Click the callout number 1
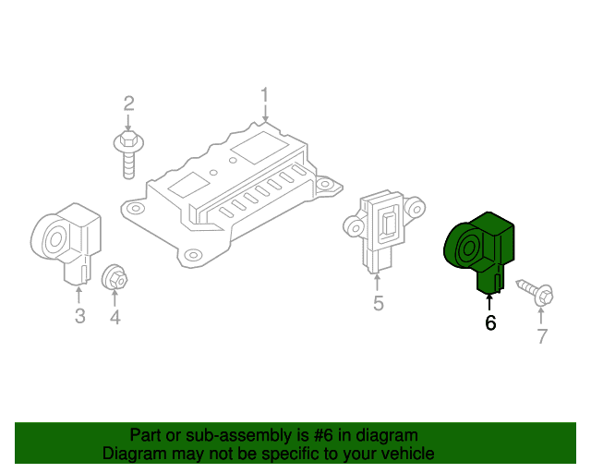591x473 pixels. [265, 94]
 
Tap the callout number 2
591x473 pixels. [128, 103]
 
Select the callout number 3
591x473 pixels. [80, 316]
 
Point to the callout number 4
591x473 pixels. [115, 317]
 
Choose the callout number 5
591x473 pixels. [378, 303]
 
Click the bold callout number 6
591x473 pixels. [490, 322]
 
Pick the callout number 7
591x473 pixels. [542, 336]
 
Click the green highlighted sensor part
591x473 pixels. [479, 252]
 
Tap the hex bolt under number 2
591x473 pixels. [128, 154]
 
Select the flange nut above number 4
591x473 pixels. [115, 277]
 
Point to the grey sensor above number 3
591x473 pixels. [66, 243]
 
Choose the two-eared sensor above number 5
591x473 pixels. [383, 230]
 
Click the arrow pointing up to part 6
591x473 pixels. [489, 302]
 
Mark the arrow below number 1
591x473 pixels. [265, 114]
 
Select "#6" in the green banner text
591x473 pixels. [323, 435]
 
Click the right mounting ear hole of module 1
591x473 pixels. [324, 185]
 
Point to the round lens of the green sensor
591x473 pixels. [468, 249]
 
